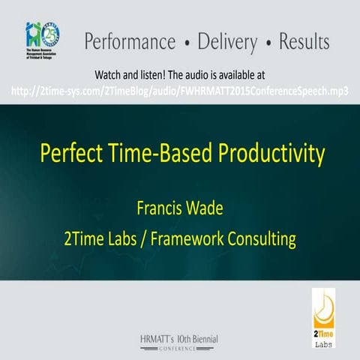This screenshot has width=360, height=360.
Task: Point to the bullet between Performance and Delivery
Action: coord(184,42)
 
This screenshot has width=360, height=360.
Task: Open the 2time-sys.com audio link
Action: coord(180,91)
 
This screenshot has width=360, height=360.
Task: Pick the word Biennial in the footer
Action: coord(202,339)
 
